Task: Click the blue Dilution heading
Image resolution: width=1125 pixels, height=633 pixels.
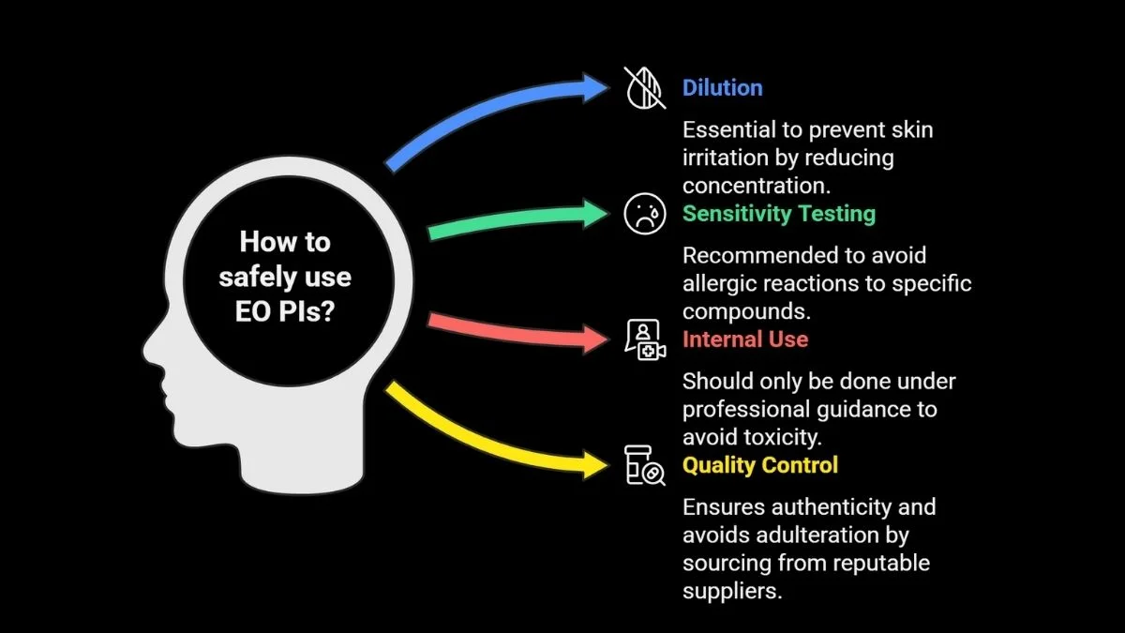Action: click(722, 88)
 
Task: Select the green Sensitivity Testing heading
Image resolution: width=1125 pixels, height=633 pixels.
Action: click(778, 214)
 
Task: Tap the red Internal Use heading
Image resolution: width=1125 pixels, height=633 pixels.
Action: click(744, 339)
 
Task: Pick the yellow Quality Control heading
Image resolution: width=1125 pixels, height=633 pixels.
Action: click(759, 465)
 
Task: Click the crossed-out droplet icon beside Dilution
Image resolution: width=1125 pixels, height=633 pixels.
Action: click(644, 88)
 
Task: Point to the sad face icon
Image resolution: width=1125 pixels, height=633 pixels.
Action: click(644, 214)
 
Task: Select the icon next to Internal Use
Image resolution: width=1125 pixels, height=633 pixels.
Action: click(644, 339)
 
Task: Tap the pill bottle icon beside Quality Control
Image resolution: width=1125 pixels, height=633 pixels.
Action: click(644, 466)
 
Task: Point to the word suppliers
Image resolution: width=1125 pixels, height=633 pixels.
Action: click(731, 592)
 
